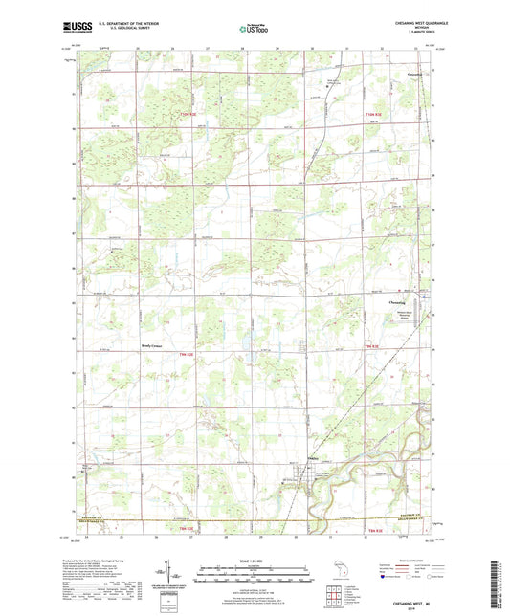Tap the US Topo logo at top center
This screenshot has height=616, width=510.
254,30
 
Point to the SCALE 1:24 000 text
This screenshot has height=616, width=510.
255,559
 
